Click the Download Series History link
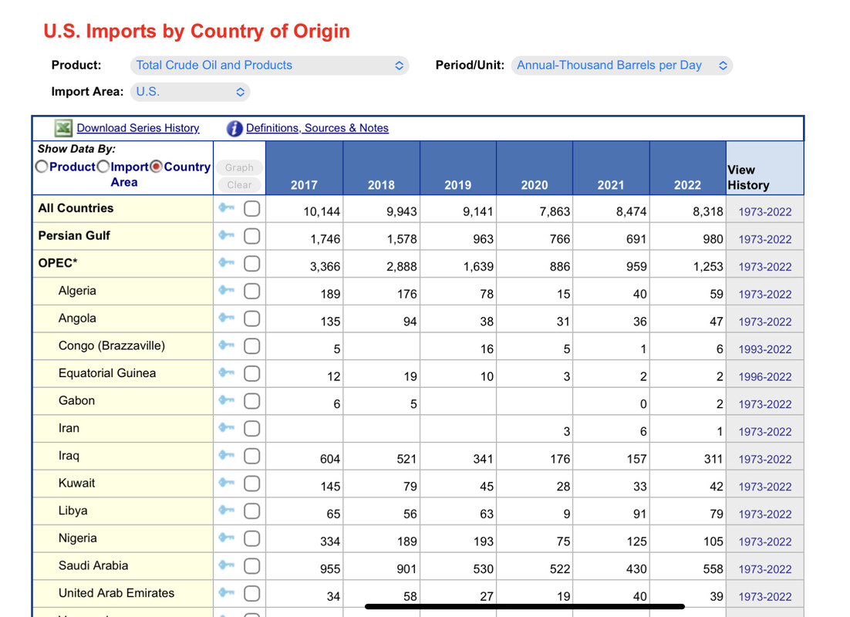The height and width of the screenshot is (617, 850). tap(138, 128)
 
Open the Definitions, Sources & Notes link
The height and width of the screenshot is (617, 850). tap(317, 128)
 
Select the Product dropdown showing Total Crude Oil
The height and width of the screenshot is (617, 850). tap(269, 66)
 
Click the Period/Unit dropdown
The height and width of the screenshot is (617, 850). tap(622, 66)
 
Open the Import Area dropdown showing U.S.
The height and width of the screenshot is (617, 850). tap(190, 92)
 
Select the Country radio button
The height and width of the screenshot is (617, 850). tap(156, 167)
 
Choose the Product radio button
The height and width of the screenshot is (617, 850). tap(42, 167)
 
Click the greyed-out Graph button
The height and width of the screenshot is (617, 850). tap(239, 167)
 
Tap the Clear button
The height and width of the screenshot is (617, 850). tap(239, 185)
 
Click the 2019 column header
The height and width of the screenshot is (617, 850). tap(458, 185)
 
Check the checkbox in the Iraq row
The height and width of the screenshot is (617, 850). tap(251, 456)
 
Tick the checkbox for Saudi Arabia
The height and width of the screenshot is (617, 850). tap(251, 566)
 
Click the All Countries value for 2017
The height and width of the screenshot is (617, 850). tap(322, 211)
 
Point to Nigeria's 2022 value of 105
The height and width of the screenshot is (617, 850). tap(713, 541)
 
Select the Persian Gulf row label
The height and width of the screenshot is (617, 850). tap(74, 235)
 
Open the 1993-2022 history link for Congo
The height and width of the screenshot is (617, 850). tap(765, 349)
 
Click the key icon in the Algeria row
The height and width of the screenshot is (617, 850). tap(227, 290)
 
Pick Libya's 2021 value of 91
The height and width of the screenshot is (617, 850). tap(639, 514)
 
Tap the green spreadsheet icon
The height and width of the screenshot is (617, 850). tap(63, 128)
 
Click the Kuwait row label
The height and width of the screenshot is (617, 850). tap(76, 483)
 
